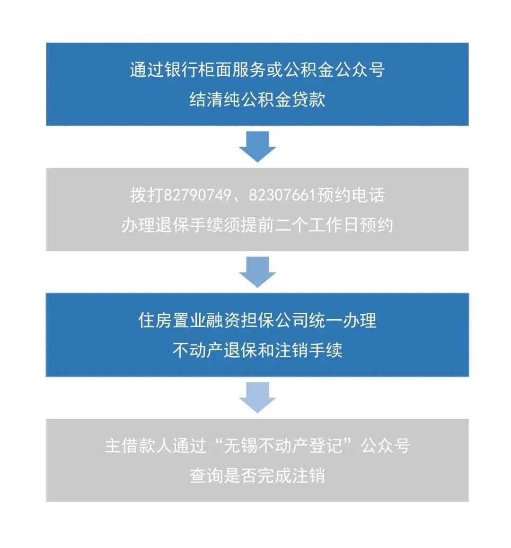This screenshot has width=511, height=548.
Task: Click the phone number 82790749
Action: tap(197, 195)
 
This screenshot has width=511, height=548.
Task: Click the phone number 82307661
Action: tap(282, 195)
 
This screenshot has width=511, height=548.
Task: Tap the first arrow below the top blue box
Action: tap(257, 147)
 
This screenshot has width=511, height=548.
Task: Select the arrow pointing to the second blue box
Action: tap(257, 272)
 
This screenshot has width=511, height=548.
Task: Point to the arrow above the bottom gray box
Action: tap(257, 398)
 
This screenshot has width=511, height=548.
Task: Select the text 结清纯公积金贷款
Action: tap(257, 99)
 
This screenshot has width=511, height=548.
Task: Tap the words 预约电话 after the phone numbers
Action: tap(351, 195)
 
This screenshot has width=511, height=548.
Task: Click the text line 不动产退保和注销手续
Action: tap(257, 350)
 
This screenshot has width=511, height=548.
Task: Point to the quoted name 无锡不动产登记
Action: tap(283, 446)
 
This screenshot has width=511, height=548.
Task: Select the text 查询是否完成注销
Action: tap(257, 475)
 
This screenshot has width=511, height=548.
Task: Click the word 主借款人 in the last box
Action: tap(139, 446)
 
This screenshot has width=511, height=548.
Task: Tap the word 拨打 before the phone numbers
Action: tap(147, 195)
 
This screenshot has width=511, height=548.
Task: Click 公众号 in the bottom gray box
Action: tap(385, 446)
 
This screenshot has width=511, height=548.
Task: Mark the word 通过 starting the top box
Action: tap(147, 69)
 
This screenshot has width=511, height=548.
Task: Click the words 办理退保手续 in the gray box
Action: tap(172, 225)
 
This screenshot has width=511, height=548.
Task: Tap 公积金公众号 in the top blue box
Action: tap(334, 69)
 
